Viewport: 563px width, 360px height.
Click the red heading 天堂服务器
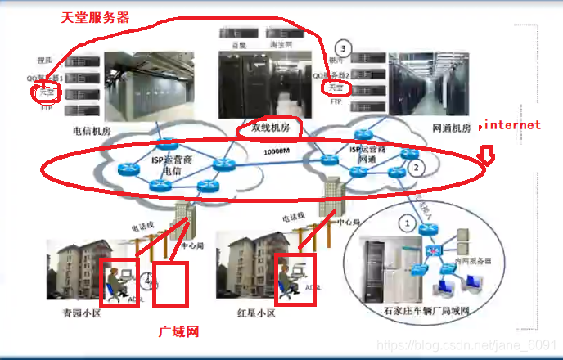click(95, 17)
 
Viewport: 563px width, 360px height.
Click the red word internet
click(511, 125)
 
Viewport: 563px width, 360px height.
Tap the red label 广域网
click(178, 332)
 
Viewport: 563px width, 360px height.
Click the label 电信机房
click(92, 130)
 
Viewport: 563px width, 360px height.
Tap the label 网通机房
click(451, 128)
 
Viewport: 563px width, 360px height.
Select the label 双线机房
click(269, 128)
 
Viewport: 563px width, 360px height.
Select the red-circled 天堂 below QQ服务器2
click(336, 87)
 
